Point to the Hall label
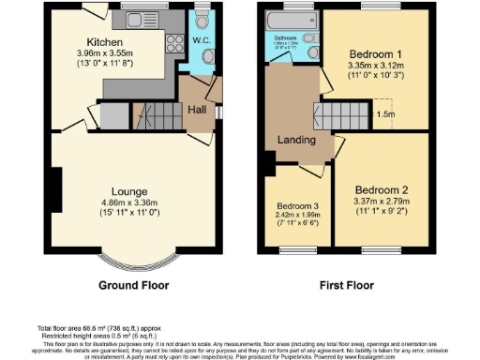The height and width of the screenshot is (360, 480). [x=197, y=111]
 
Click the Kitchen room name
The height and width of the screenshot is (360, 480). [x=104, y=43]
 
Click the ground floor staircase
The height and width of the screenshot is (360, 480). [x=157, y=117]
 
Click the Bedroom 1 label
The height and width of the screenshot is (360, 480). [x=376, y=53]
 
